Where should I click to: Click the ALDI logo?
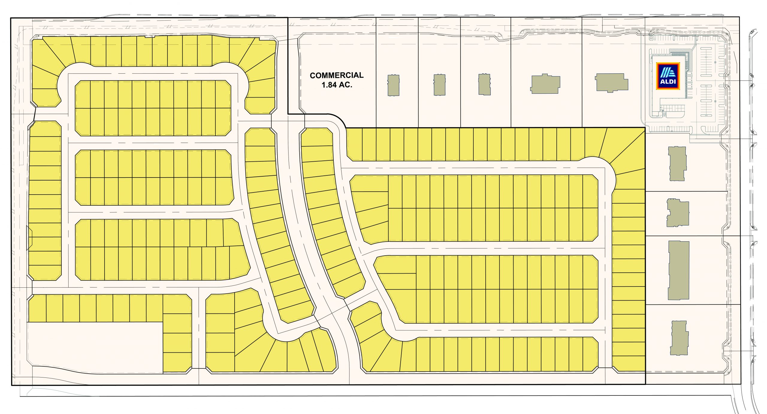(668, 76)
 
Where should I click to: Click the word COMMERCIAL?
(336, 75)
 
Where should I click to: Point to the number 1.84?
(329, 85)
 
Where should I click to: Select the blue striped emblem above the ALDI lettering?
(668, 73)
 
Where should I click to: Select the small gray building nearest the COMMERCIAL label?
(393, 85)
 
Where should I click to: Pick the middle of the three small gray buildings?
(439, 85)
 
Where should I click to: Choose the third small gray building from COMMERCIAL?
(484, 84)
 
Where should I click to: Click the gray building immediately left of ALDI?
(611, 82)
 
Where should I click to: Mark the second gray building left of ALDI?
(545, 84)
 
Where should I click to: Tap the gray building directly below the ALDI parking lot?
(677, 163)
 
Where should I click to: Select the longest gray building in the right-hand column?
(679, 270)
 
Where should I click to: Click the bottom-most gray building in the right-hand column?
(679, 338)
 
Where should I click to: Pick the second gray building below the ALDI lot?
(678, 213)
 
